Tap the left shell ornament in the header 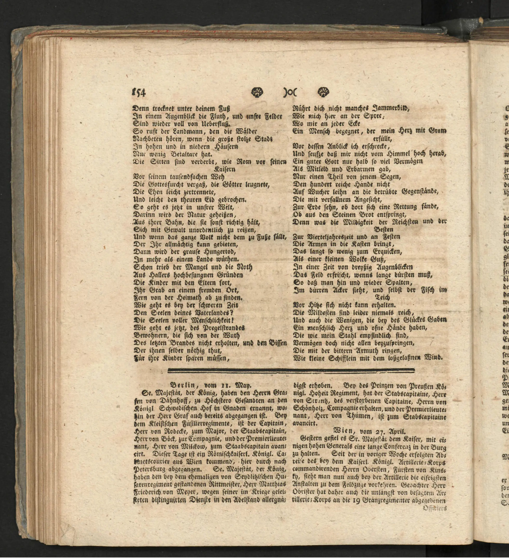pyautogui.click(x=257, y=92)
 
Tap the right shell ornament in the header pyautogui.click(x=323, y=92)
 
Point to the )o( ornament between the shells pyautogui.click(x=290, y=92)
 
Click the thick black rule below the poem pyautogui.click(x=291, y=370)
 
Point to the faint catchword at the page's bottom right pyautogui.click(x=435, y=508)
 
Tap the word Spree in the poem pyautogui.click(x=373, y=116)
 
